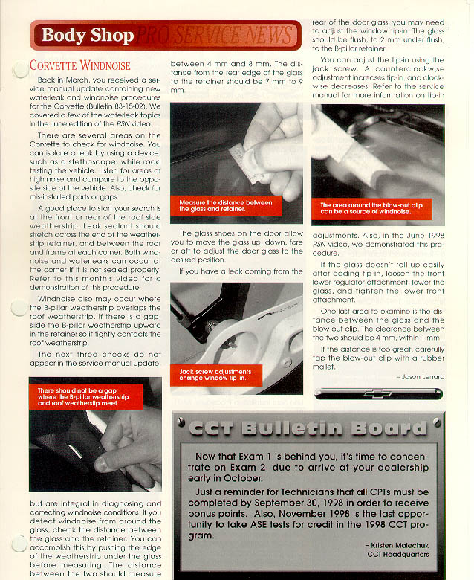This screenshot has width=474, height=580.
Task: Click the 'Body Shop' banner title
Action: click(x=88, y=35)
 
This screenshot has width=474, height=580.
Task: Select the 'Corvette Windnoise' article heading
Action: click(x=81, y=65)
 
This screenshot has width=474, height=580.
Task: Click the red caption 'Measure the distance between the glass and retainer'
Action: click(x=226, y=205)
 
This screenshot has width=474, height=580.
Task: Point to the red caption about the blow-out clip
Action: click(x=366, y=209)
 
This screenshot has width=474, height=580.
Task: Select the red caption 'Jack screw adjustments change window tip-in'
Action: click(x=215, y=374)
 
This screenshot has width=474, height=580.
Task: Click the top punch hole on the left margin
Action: click(x=20, y=69)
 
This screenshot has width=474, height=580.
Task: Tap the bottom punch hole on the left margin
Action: click(x=20, y=544)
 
